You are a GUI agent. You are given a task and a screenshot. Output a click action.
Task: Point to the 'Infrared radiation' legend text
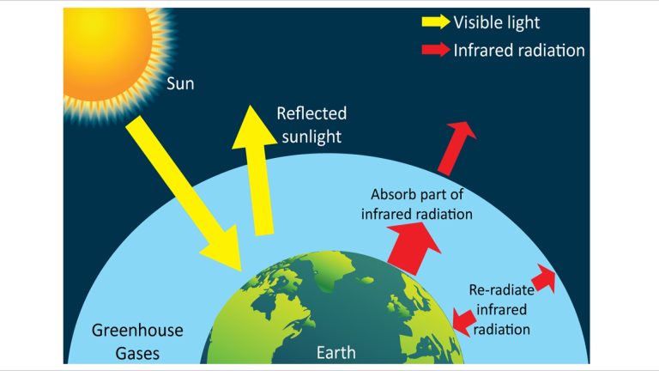518,50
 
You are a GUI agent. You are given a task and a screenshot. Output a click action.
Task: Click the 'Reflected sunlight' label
311,125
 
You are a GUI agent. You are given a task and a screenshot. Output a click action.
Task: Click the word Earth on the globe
336,353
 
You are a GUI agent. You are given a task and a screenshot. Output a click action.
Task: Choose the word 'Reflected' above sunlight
311,113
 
